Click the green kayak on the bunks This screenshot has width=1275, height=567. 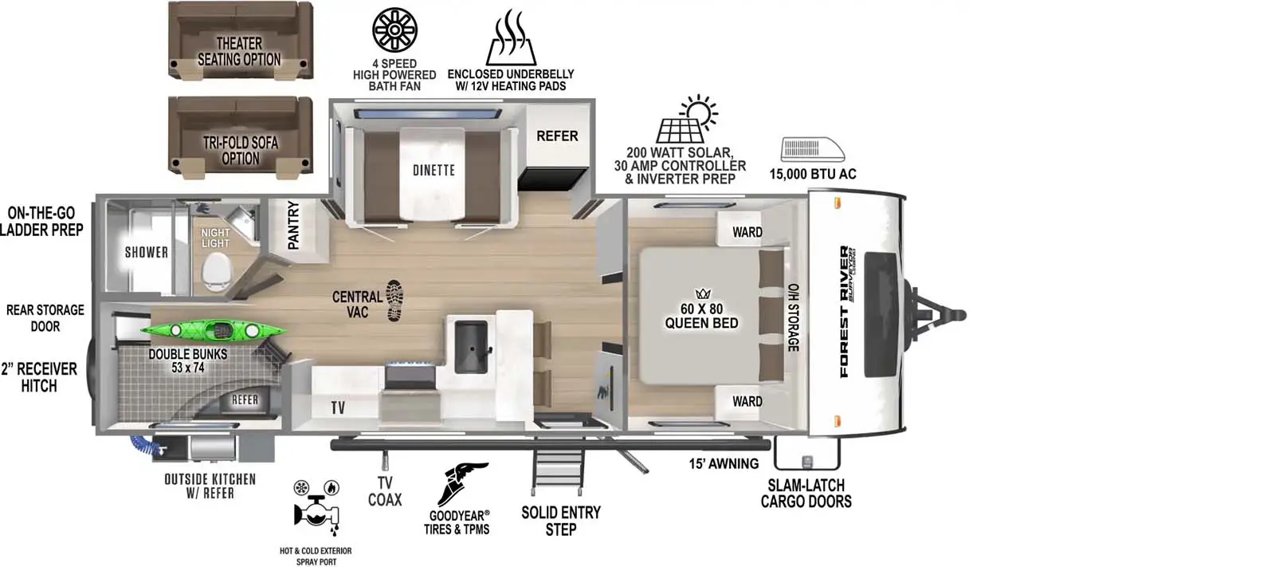tap(214, 330)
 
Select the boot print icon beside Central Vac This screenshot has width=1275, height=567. tap(394, 301)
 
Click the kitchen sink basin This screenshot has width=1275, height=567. tap(471, 346)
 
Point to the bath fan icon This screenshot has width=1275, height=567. tap(394, 29)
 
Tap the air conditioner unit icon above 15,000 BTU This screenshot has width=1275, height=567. tap(812, 149)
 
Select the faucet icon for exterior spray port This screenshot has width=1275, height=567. tap(316, 507)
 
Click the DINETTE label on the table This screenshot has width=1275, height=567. tap(433, 170)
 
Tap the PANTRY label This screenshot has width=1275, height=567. tap(293, 225)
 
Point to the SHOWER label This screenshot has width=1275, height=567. tap(147, 252)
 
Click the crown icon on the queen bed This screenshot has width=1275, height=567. tap(703, 293)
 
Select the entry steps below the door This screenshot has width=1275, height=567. tap(558, 467)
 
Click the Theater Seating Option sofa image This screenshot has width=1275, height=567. tap(241, 40)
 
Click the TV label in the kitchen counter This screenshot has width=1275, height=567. tap(338, 408)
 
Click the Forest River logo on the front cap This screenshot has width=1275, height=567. tap(845, 311)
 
